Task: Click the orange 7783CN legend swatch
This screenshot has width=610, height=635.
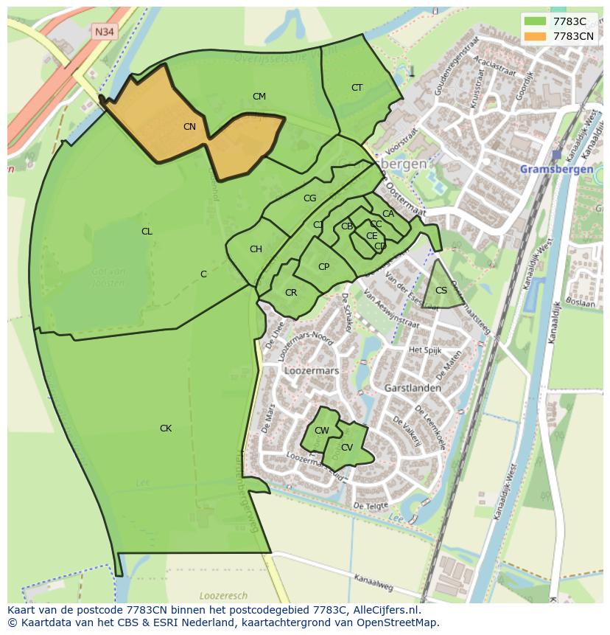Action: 535,36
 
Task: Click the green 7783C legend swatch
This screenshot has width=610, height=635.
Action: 535,21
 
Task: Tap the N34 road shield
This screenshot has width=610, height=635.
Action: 104,31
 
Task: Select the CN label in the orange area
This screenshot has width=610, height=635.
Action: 189,127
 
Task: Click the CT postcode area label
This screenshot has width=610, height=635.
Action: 357,88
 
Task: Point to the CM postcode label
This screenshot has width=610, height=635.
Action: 259,97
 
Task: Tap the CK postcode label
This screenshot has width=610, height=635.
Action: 166,428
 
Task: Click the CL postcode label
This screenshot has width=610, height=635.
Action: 147,232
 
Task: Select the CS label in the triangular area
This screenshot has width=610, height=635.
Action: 441,291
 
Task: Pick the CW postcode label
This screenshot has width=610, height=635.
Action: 322,431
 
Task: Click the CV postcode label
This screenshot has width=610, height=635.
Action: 346,448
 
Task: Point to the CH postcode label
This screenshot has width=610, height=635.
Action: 256,249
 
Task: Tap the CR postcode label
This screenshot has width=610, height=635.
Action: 291,293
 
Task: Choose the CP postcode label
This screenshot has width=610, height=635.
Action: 323,267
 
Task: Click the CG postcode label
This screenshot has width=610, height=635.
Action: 309,198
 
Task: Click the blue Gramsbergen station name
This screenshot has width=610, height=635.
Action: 556,169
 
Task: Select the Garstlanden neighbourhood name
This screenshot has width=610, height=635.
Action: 413,388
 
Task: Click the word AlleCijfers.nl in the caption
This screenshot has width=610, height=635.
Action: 384,611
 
